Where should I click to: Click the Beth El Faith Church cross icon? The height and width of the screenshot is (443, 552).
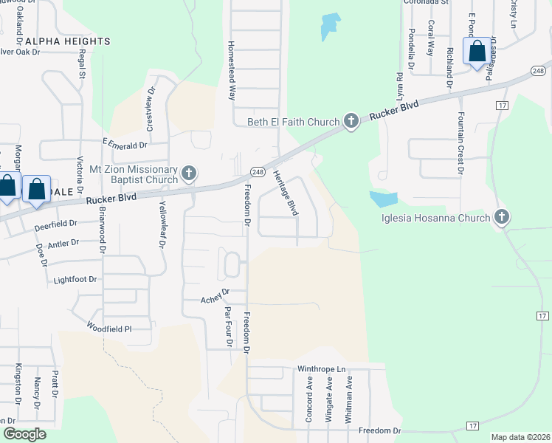click(351, 121)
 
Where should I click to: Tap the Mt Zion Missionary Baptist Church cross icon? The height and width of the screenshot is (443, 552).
click(190, 174)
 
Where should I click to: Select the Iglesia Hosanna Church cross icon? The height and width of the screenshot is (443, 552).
click(502, 217)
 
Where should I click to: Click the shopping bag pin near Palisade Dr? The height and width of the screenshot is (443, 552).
click(477, 52)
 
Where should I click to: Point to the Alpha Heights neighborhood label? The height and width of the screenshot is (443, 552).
click(68, 41)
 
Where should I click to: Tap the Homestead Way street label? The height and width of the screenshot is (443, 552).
click(232, 70)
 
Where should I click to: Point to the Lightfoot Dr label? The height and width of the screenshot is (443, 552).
click(75, 280)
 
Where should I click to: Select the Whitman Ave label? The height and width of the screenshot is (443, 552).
click(349, 399)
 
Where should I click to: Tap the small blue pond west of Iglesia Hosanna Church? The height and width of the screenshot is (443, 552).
click(384, 199)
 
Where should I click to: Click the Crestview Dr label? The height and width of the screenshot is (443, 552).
click(150, 109)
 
